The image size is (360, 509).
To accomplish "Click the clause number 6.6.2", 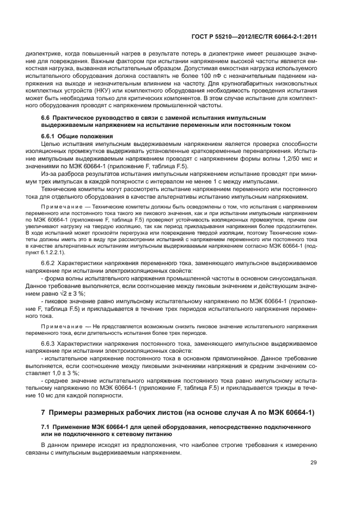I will coord(50,263).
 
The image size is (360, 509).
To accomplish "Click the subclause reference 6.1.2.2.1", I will coord(53,253).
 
